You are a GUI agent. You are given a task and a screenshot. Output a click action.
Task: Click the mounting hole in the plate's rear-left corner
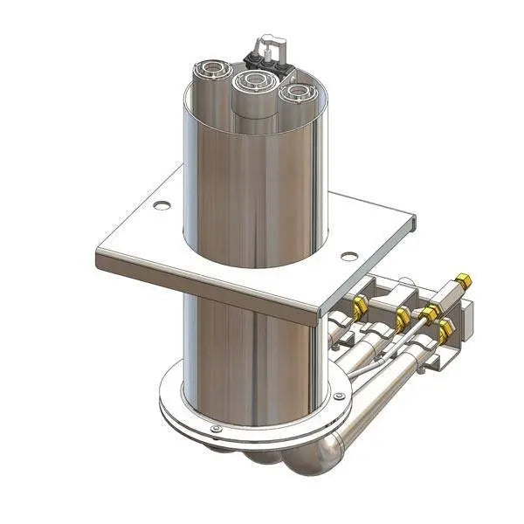point(160,207)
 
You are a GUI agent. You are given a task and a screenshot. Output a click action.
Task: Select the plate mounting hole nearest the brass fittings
point(348,257)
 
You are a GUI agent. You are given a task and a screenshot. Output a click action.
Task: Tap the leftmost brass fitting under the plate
point(359,305)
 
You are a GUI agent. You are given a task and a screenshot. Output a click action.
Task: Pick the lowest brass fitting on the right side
point(446,331)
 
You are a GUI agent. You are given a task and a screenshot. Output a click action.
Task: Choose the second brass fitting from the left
point(403,314)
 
